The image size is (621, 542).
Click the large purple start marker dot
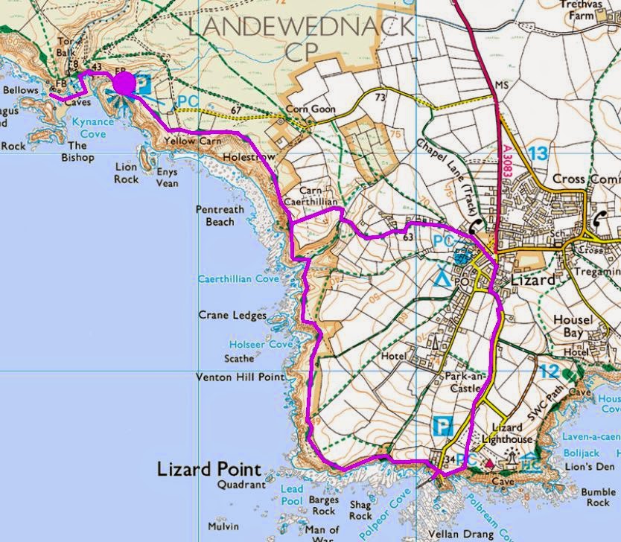pos(124,83)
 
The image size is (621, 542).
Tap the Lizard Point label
pos(209,469)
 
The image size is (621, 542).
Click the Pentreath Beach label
pos(220,216)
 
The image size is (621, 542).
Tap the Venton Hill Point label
pos(240,377)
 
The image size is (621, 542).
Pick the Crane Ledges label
pos(232,316)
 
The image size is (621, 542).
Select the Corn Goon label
pos(311,109)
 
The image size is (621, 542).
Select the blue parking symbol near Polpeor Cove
pos(442,428)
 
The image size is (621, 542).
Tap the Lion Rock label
pos(127,173)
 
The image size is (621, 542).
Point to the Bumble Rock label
pos(598,497)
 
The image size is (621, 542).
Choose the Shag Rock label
pos(360,510)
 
